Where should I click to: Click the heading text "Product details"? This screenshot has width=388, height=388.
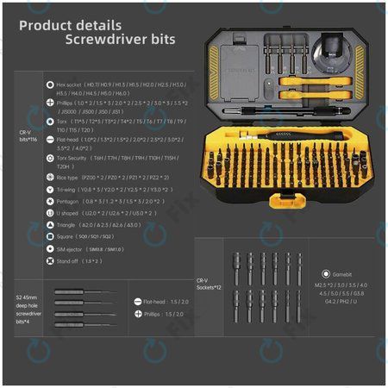(71, 26)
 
